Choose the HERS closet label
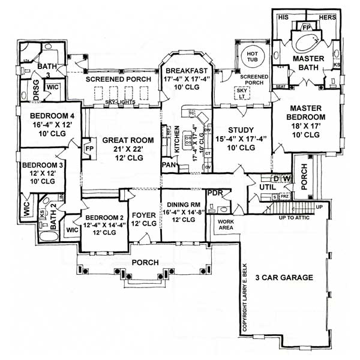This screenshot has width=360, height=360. pyautogui.click(x=327, y=17)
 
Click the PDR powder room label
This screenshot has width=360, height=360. pyautogui.click(x=214, y=193)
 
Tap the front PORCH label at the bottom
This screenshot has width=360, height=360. pyautogui.click(x=144, y=263)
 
